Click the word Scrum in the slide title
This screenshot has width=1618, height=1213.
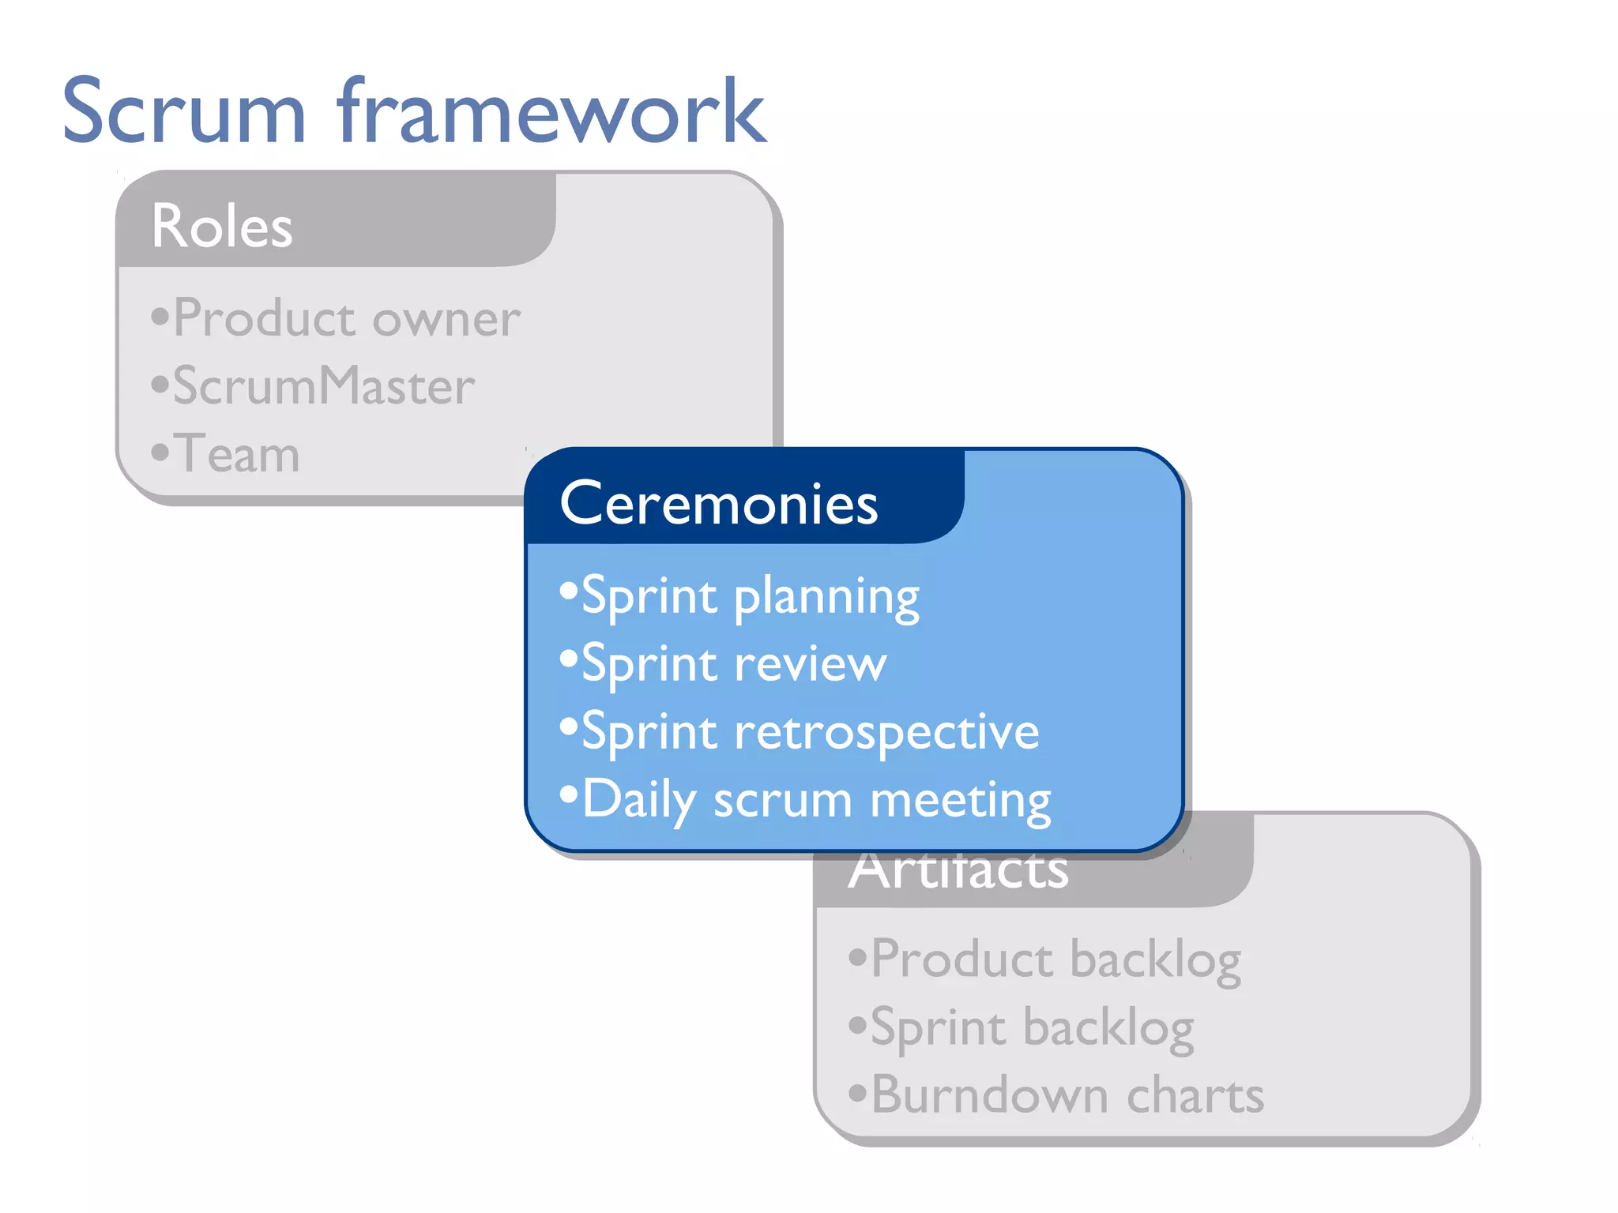pos(183,112)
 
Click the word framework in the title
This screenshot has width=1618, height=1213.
pos(551,112)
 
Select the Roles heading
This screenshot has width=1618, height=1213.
pos(222,227)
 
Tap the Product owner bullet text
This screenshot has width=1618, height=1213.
pos(346,319)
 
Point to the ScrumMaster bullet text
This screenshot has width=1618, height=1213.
pos(324,387)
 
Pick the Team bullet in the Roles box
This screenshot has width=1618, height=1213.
pos(236,455)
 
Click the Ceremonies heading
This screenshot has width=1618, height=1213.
pos(718,504)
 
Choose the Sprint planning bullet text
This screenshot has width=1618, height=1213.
pos(751,597)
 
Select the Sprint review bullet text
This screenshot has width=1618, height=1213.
pos(734,664)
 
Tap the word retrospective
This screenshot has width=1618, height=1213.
pos(886,733)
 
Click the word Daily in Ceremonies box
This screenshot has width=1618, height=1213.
pos(638,800)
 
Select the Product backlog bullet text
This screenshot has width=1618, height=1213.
pos(1055,960)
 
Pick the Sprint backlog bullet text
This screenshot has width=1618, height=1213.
pos(1032,1028)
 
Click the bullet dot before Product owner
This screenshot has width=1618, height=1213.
pos(160,317)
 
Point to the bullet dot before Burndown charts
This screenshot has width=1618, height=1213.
pos(858,1094)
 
